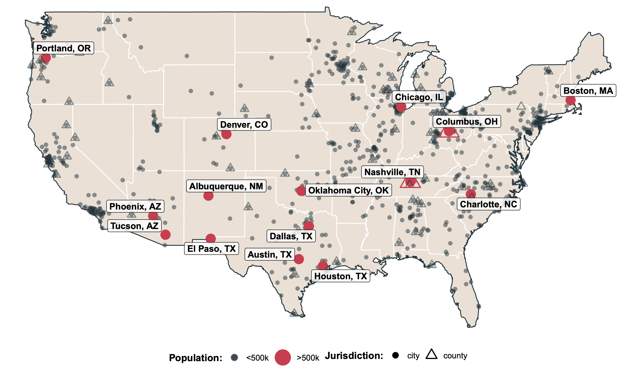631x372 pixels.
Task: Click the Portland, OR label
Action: [64, 48]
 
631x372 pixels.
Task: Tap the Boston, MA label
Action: [588, 91]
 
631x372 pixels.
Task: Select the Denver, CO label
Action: [244, 125]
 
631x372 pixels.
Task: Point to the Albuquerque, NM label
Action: [226, 186]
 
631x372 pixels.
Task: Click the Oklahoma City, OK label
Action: [348, 190]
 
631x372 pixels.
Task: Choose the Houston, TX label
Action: [340, 276]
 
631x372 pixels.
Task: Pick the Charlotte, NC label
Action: [488, 204]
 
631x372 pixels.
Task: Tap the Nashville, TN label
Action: [392, 172]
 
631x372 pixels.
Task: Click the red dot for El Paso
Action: [211, 238]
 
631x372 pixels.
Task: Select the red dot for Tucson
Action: [165, 235]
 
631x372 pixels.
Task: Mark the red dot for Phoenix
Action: [153, 216]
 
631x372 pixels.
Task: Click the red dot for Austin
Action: [299, 259]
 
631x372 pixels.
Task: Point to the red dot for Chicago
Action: [401, 107]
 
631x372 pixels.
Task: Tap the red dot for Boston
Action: [570, 100]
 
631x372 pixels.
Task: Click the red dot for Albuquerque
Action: [208, 196]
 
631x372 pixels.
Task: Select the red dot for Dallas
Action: [309, 226]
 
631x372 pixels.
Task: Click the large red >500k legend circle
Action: [282, 357]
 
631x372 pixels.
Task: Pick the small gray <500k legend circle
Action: [234, 358]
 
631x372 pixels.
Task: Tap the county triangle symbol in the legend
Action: [431, 355]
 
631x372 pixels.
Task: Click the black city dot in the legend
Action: [396, 355]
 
